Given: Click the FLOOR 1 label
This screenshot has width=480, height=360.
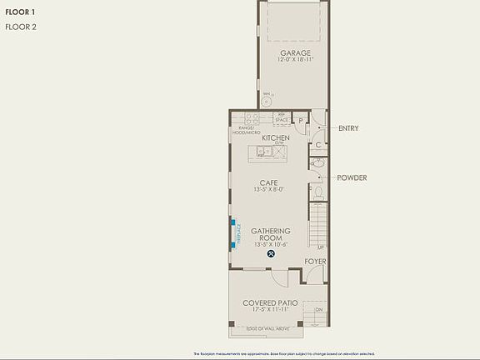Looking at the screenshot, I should click(x=21, y=12).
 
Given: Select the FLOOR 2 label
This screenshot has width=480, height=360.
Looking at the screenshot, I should click(x=21, y=27).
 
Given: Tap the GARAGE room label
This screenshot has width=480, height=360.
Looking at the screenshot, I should click(x=296, y=53).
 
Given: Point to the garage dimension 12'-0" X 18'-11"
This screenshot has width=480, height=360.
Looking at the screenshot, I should click(x=296, y=61).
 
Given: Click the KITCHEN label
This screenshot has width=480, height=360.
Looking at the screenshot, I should click(x=276, y=137).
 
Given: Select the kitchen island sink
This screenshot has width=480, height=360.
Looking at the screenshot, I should click(x=263, y=152).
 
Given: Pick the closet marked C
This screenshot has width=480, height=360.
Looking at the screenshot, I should click(x=317, y=145).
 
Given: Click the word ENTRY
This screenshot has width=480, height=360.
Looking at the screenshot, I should click(x=348, y=128).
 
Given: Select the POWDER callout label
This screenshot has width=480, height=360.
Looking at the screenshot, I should click(x=352, y=177).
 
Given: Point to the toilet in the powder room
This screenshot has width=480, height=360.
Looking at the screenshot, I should click(x=317, y=192).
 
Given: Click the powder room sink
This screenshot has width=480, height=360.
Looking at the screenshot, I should click(x=317, y=164).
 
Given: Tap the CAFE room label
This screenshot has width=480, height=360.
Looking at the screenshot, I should click(x=267, y=182).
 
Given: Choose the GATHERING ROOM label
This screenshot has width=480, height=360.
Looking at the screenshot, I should click(x=271, y=234).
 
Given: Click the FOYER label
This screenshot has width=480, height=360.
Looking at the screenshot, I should click(x=315, y=261).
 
